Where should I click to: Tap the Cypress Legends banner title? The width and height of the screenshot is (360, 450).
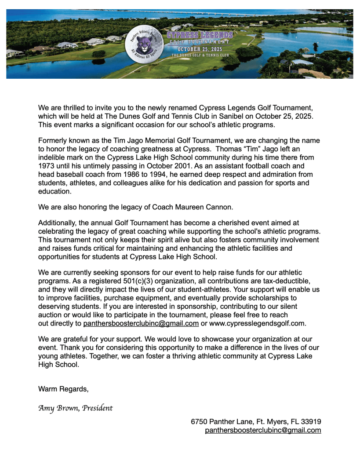pos(200,35)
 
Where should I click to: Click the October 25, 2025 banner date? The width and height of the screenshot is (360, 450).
pos(200,49)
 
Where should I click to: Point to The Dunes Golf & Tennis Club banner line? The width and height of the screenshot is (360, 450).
pos(200,55)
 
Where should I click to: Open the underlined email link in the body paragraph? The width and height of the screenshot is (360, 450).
pos(141,323)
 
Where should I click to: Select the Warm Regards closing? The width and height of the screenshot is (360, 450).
pos(63,389)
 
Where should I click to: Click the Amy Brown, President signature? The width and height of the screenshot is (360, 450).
pos(76,408)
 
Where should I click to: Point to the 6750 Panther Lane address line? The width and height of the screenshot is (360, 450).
pos(256,421)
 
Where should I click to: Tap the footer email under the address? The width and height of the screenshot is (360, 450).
pos(263,430)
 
